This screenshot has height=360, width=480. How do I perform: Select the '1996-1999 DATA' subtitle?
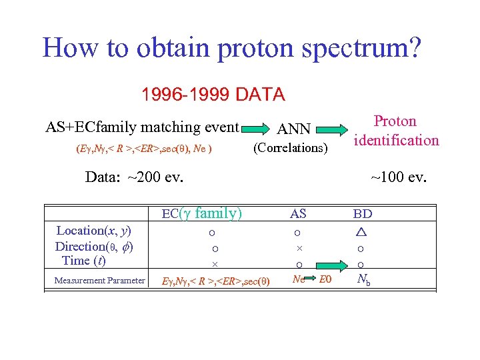coord(213,95)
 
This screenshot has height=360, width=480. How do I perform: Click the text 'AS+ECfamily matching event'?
coord(142,127)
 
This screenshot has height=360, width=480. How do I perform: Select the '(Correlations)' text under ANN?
coord(291,147)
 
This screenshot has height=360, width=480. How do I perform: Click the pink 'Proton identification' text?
coord(396,131)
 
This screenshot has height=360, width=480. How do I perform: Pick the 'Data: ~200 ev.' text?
coord(135,177)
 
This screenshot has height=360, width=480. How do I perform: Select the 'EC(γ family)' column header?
coord(202,213)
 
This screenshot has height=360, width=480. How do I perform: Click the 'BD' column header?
coord(363,214)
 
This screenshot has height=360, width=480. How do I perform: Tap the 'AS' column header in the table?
coord(298,214)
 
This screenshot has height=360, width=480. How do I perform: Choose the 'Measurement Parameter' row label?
coord(100,280)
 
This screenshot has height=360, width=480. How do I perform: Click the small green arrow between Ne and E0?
coord(313,279)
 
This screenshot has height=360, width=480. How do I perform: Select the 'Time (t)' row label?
coord(83,261)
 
